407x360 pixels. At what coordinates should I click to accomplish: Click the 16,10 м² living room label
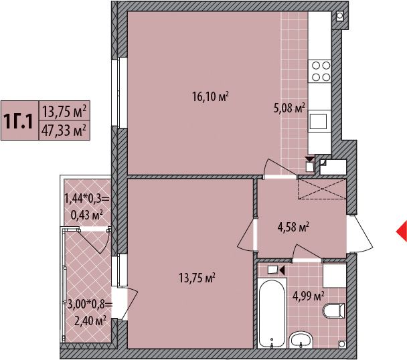(x=210, y=97)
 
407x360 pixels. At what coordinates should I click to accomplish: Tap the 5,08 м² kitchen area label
(x=289, y=108)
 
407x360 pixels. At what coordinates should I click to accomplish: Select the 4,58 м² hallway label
(x=293, y=227)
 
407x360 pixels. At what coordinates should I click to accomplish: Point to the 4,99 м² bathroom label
(x=309, y=296)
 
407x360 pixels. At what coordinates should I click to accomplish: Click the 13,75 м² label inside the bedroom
(x=197, y=278)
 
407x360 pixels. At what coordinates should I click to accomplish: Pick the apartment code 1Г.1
(x=18, y=121)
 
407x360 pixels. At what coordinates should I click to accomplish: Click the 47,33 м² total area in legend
(x=64, y=130)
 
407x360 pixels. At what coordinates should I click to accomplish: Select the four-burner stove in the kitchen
(x=320, y=72)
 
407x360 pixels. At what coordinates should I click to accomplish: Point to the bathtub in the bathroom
(x=272, y=313)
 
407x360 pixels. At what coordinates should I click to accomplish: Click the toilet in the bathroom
(x=333, y=310)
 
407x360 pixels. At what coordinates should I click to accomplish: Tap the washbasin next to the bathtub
(x=301, y=340)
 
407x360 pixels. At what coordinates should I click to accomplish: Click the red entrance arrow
(x=402, y=232)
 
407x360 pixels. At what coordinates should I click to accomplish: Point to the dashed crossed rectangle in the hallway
(x=322, y=189)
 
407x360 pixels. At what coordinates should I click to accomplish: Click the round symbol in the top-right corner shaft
(x=339, y=16)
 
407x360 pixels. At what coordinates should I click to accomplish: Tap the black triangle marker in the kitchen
(x=310, y=159)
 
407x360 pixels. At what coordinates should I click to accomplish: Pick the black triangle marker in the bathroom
(x=282, y=270)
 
